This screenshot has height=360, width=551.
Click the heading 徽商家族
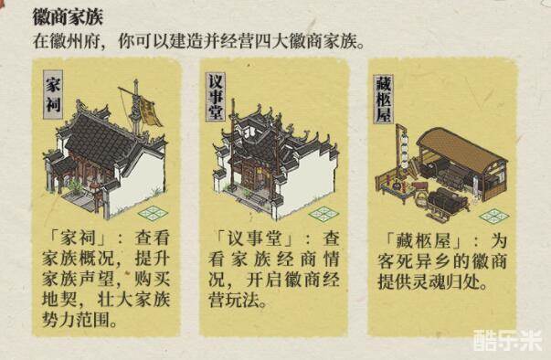(x=68, y=16)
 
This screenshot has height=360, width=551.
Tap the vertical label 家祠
(x=53, y=94)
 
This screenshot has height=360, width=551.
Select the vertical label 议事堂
(x=215, y=97)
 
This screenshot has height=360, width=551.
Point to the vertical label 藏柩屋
(x=384, y=99)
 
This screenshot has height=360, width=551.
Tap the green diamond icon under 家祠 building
(x=153, y=213)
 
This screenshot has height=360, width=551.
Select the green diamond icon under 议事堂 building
(x=323, y=214)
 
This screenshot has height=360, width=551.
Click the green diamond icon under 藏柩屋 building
(x=494, y=216)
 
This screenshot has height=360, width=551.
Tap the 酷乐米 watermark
(x=507, y=340)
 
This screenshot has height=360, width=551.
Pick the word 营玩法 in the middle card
(x=234, y=301)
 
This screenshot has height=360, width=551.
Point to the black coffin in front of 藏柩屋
(x=447, y=199)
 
